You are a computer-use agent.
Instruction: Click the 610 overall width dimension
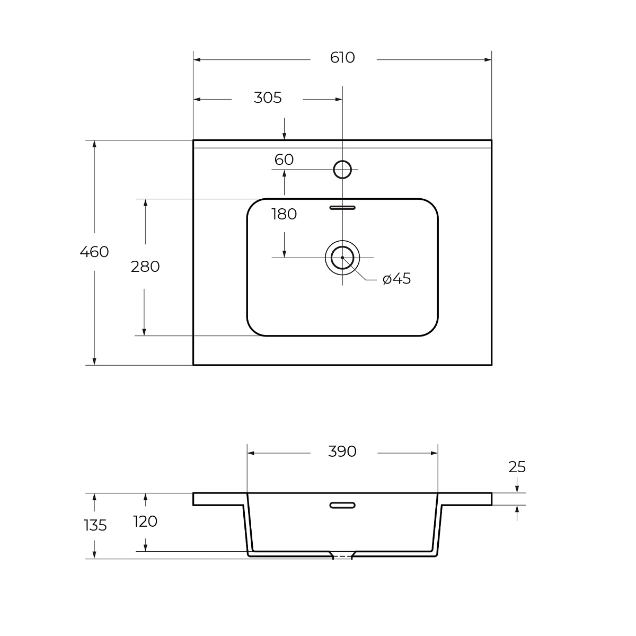tap(342, 58)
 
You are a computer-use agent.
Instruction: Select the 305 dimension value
tap(268, 98)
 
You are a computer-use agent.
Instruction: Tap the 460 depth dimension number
tap(94, 252)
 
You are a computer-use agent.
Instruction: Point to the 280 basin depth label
tap(145, 267)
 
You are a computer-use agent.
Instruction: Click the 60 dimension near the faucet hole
tap(284, 160)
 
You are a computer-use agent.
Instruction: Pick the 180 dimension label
tap(284, 214)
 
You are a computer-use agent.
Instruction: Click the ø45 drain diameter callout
tap(397, 279)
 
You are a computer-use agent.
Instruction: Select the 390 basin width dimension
tap(342, 452)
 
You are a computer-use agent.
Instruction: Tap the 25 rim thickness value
tap(517, 467)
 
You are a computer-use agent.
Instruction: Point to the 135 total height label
tap(95, 525)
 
